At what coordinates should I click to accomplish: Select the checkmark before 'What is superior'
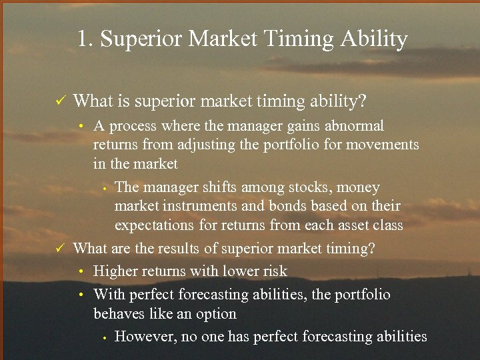click(59, 101)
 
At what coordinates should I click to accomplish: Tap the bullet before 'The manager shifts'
click(105, 188)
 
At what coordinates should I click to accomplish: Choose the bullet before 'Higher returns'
click(80, 272)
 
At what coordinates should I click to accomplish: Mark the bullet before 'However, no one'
click(105, 337)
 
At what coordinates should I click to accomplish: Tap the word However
click(146, 337)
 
